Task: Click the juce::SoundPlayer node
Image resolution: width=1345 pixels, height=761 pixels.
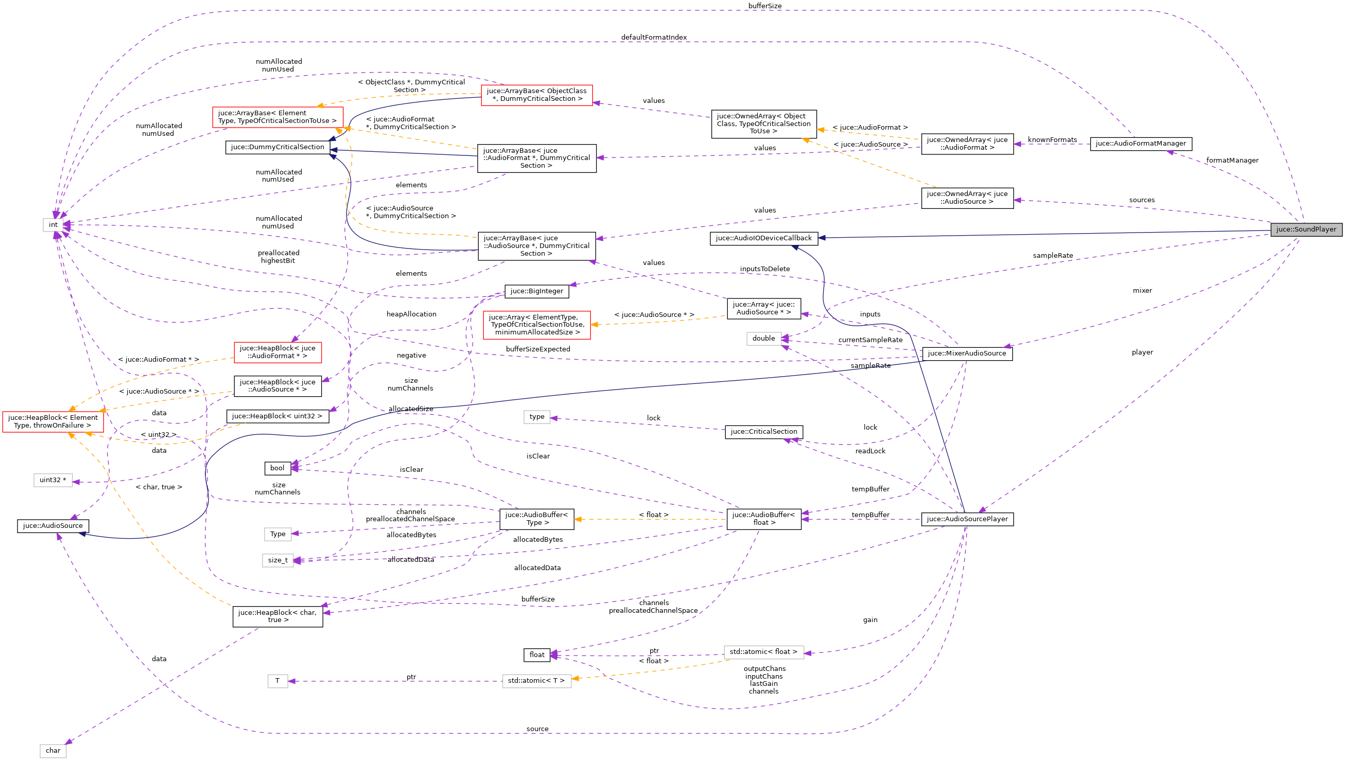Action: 1305,229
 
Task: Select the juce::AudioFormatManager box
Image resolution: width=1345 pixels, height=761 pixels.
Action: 1140,144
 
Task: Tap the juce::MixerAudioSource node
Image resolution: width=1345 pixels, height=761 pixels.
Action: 966,354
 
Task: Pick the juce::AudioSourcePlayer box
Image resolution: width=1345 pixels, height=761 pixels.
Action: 967,520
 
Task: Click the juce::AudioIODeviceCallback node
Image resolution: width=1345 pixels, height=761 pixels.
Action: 763,238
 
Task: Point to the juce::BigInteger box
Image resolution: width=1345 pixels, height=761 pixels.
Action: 536,292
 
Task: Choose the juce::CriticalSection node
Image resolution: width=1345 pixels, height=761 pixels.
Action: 763,432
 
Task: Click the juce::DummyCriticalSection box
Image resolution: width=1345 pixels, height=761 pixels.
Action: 277,147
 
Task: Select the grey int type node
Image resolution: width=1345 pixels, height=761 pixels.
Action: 53,225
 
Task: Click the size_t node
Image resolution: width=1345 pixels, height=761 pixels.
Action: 277,561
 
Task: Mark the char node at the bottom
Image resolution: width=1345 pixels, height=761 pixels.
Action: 53,751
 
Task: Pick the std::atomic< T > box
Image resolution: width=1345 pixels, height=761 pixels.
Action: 536,681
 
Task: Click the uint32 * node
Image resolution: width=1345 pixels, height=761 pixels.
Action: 53,481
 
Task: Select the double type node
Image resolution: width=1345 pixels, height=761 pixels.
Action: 763,339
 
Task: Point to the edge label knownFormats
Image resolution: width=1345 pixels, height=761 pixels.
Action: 1052,140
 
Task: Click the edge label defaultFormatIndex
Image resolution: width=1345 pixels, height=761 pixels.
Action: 653,38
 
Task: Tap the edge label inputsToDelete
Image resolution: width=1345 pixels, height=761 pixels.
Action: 764,269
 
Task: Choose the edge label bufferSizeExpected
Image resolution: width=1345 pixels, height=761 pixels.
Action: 537,349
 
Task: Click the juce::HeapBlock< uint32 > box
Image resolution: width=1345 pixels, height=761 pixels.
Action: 277,417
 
